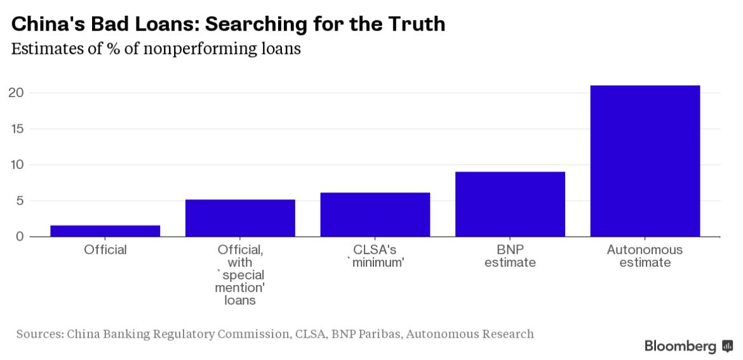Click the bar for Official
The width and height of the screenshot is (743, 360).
(x=105, y=231)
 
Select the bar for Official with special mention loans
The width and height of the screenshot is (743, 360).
(x=240, y=218)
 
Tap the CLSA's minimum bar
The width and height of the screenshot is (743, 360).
(x=375, y=215)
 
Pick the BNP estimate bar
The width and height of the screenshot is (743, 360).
(x=510, y=204)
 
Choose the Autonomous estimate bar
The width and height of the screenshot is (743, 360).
(x=645, y=161)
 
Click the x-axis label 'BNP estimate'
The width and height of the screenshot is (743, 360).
(x=510, y=256)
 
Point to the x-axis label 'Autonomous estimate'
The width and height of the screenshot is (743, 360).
(x=645, y=256)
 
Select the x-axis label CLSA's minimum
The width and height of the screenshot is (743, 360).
(x=375, y=256)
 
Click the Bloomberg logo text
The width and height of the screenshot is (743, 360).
(x=680, y=346)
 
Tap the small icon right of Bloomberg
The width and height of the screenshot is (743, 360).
(x=728, y=346)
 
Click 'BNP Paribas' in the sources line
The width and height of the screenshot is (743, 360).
(x=364, y=333)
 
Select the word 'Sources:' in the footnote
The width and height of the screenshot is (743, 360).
(x=39, y=333)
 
